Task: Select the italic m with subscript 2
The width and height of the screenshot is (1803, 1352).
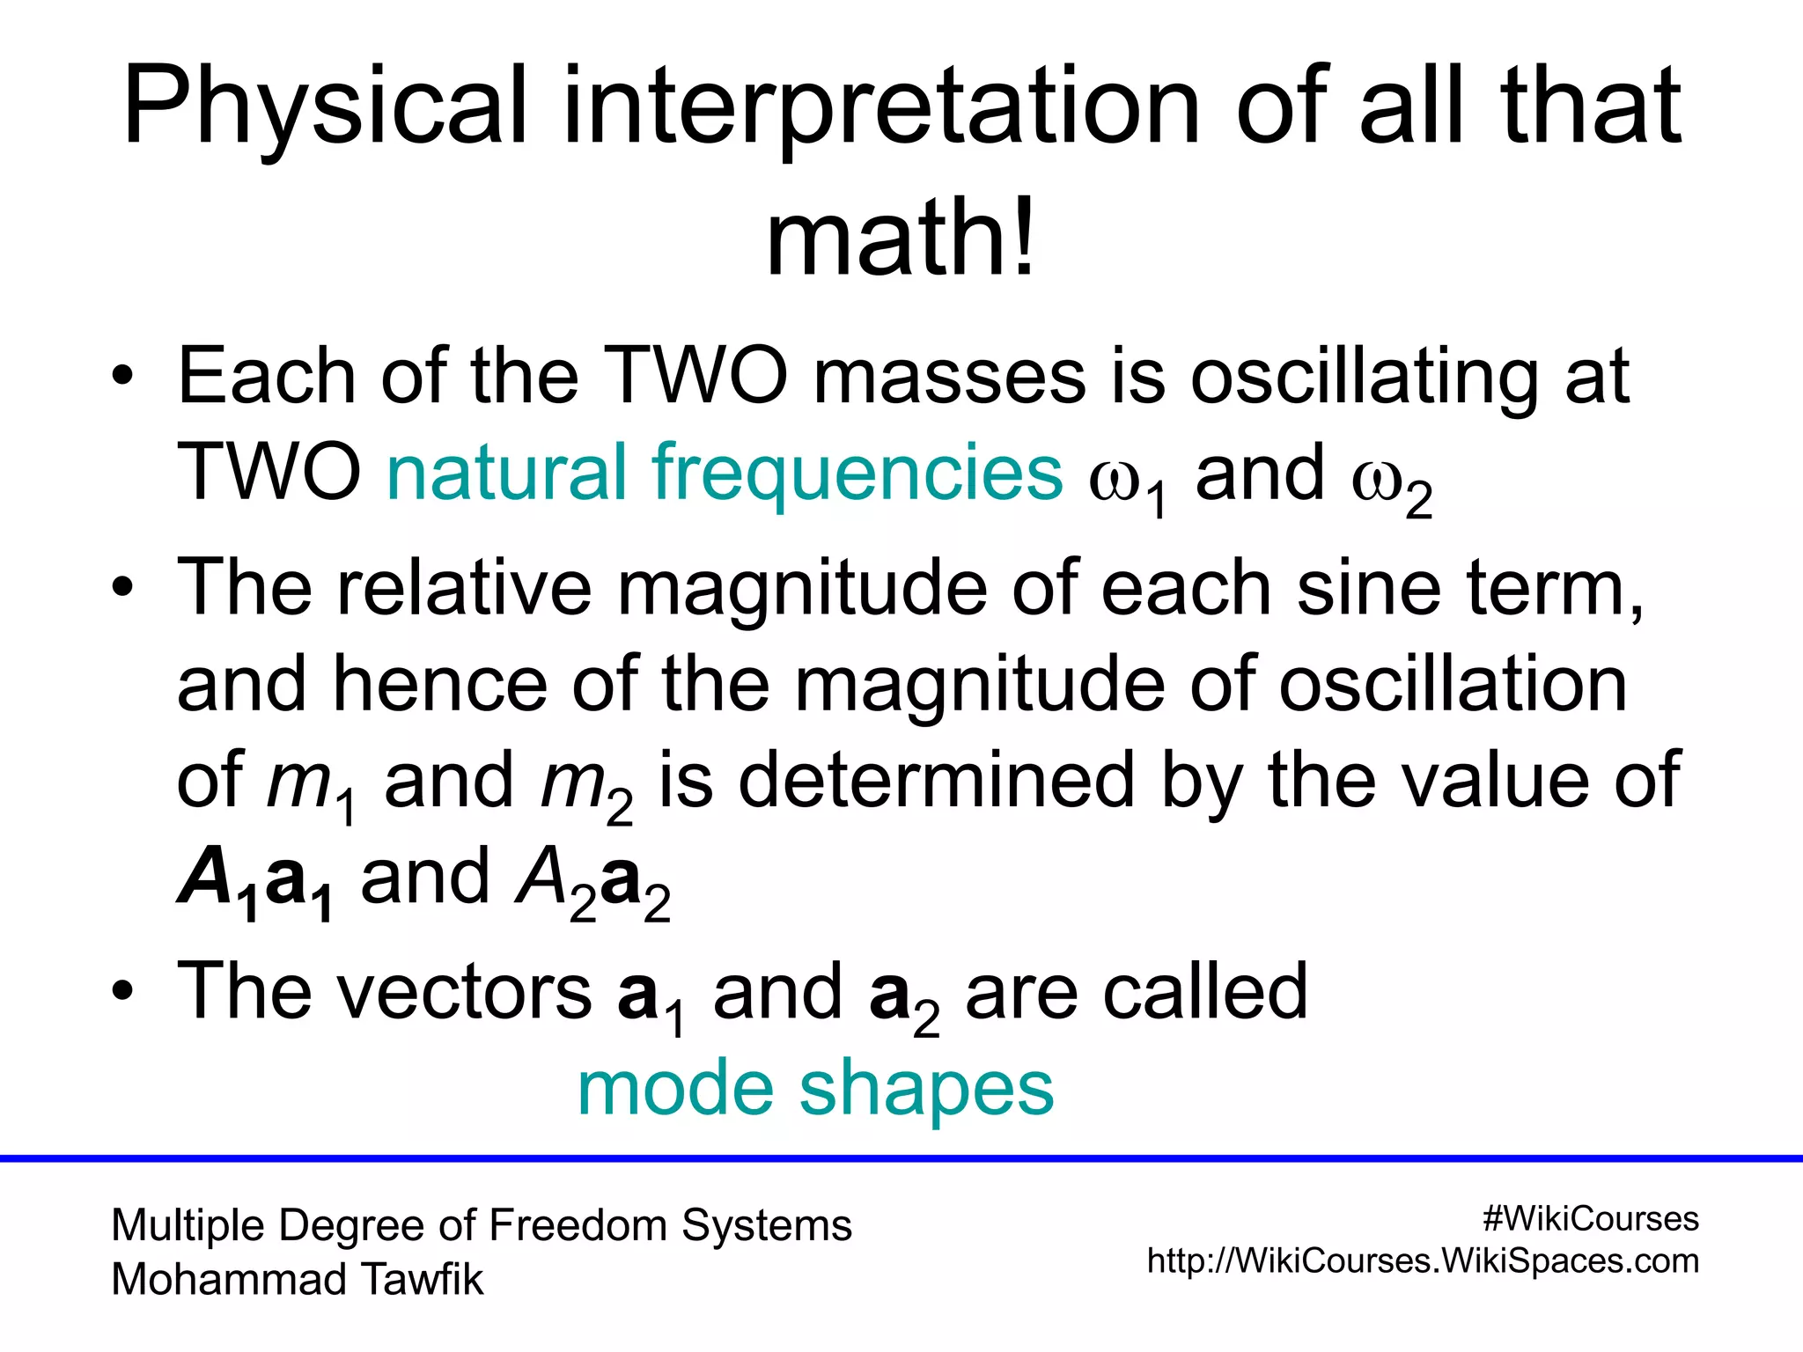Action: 574,783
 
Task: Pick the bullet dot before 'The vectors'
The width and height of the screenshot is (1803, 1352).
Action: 122,992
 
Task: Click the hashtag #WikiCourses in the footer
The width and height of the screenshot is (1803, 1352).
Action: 1590,1219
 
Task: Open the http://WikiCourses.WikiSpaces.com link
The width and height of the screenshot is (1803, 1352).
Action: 1423,1262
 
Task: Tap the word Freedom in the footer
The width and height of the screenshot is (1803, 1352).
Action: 578,1226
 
